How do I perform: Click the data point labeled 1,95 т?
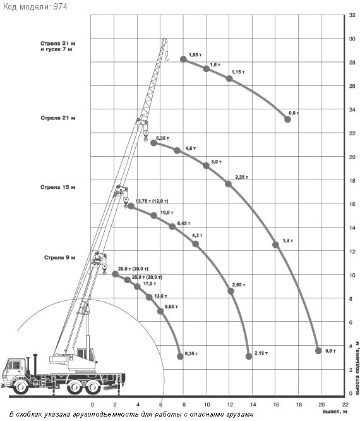point(184,59)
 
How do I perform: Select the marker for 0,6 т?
point(287,119)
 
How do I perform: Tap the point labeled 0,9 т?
point(318,351)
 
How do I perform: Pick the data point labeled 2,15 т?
point(249,357)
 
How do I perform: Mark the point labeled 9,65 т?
point(160,311)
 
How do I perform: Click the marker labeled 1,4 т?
point(275,245)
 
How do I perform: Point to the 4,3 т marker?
point(196,244)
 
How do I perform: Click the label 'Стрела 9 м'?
point(60,258)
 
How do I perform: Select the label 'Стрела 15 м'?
point(58,187)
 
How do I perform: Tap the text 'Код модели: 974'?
point(35,6)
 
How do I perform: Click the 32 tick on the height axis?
point(352,15)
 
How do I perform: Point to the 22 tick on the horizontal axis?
point(345,405)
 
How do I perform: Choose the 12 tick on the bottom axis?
point(230,405)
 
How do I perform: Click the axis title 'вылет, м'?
point(335,412)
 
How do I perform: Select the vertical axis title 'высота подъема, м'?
point(357,367)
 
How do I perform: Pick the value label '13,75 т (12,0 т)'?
point(152,201)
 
